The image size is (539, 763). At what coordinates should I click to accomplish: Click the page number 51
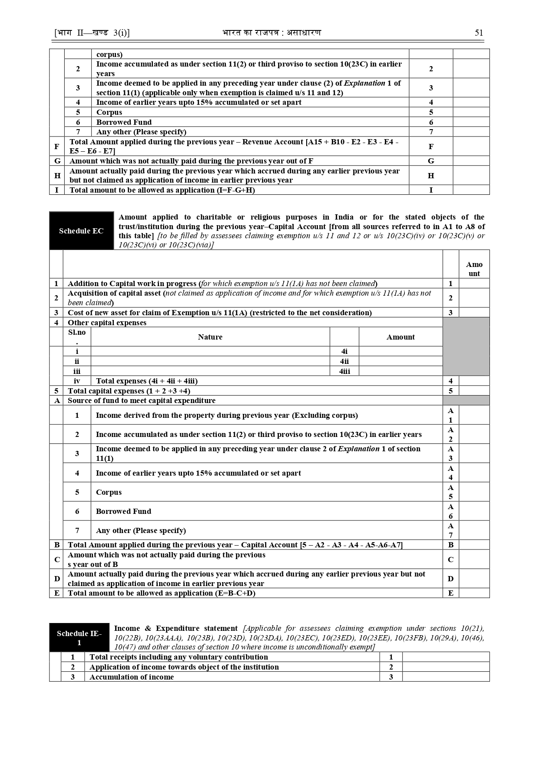coord(479,33)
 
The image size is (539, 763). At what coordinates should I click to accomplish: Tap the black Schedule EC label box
coord(81,231)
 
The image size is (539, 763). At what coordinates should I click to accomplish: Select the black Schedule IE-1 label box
coord(79,638)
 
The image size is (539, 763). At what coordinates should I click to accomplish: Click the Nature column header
coord(210,337)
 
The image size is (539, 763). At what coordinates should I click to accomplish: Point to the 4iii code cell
coord(344,371)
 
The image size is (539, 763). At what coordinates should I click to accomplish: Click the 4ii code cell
coord(344,361)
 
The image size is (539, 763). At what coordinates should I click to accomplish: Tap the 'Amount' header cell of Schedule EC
coord(474,269)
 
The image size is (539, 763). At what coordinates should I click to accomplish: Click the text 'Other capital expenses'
coord(107,323)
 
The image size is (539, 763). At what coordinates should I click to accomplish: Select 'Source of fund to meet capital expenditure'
coord(142,400)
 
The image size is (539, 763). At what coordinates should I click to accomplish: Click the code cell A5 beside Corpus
coord(450,492)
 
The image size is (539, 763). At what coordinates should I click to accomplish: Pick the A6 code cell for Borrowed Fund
coord(450,511)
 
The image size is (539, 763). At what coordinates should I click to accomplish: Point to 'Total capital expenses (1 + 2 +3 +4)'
coord(129,391)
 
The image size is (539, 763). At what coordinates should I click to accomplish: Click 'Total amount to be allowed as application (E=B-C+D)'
coord(162,593)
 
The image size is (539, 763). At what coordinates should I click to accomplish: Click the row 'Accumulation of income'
coord(132,677)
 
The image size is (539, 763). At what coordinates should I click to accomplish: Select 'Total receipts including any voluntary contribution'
coord(179,657)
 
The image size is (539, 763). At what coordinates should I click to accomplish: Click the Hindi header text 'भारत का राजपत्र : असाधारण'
coord(271,33)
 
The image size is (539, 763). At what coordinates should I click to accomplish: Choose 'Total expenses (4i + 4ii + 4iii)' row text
coord(147,381)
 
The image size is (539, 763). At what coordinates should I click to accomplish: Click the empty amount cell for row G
coord(471,161)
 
